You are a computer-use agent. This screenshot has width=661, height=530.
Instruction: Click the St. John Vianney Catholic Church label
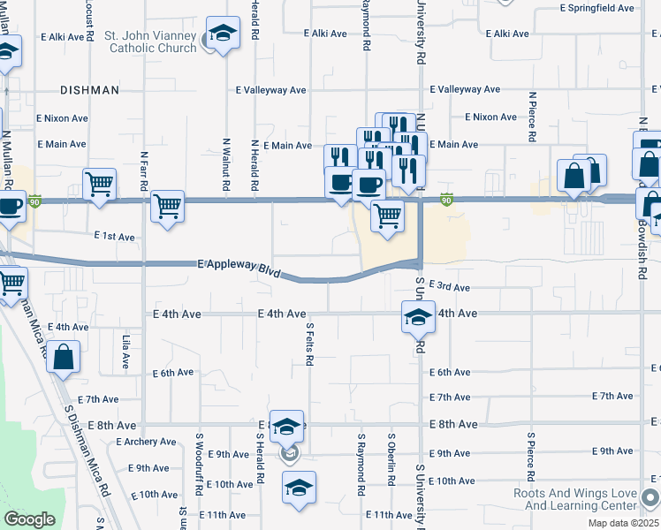(x=152, y=42)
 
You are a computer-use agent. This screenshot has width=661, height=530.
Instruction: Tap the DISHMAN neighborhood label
(x=89, y=90)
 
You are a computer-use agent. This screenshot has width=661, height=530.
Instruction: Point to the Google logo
(x=29, y=519)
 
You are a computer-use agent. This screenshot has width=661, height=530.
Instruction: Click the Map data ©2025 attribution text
(x=623, y=523)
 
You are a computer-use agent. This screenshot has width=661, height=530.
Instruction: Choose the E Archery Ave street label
(x=145, y=442)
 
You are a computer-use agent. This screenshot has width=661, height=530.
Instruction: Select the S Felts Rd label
(x=309, y=344)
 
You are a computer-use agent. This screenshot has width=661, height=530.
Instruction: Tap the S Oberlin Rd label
(x=391, y=459)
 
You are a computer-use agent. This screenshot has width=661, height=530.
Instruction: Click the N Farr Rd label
(x=142, y=170)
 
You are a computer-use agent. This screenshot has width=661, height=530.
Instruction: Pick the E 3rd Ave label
(x=449, y=287)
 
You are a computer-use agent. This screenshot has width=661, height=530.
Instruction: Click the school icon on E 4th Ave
(x=418, y=316)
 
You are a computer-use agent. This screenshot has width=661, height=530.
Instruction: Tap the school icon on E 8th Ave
(x=286, y=426)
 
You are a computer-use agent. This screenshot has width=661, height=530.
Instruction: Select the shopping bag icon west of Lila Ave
(x=64, y=358)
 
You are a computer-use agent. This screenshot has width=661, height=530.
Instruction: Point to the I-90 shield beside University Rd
(x=448, y=200)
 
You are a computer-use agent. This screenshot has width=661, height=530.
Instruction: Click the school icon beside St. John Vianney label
(x=224, y=34)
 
